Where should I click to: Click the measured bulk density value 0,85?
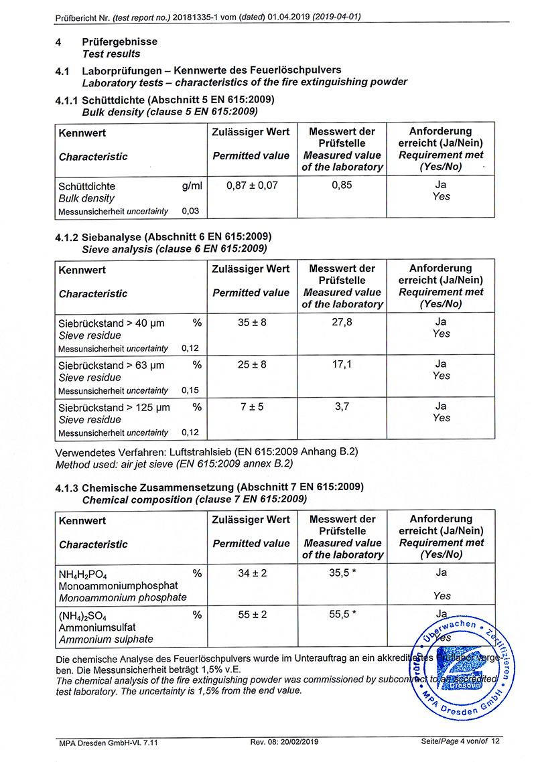pyautogui.click(x=342, y=185)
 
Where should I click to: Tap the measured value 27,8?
pyautogui.click(x=342, y=322)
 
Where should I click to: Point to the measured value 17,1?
pyautogui.click(x=342, y=365)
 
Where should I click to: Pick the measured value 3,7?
pyautogui.click(x=342, y=407)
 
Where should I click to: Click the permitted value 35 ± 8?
pyautogui.click(x=252, y=322)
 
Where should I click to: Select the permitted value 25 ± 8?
pyautogui.click(x=252, y=365)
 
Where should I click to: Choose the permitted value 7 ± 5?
pyautogui.click(x=252, y=407)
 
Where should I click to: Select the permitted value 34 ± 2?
pyautogui.click(x=252, y=573)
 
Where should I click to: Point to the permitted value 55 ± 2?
pyautogui.click(x=252, y=615)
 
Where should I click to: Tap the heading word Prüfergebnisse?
pyautogui.click(x=119, y=42)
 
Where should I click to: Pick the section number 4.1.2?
pyautogui.click(x=67, y=238)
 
